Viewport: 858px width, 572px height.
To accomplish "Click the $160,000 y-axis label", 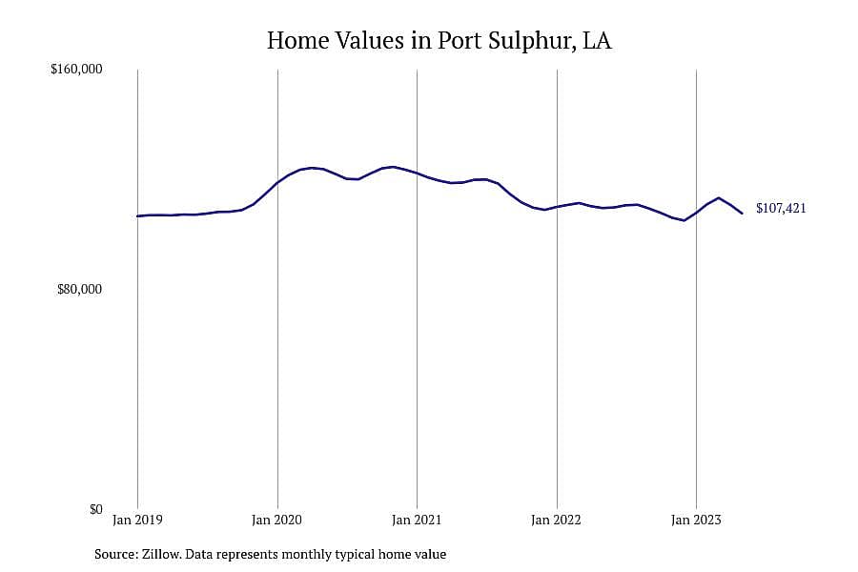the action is click(x=76, y=70).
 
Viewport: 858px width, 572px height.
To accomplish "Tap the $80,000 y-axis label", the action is click(x=79, y=289).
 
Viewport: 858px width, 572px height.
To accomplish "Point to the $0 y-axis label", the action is click(x=95, y=510).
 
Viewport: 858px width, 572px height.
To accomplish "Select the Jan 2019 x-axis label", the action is click(x=137, y=520).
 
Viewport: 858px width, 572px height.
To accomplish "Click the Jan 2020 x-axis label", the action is click(x=276, y=520).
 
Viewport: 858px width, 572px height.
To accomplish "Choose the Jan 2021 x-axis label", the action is click(x=417, y=520).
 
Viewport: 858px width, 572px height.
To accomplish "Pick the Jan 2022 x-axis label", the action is click(x=556, y=520).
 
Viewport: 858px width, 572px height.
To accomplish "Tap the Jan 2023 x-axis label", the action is click(x=696, y=520).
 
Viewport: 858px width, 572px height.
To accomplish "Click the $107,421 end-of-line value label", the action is click(x=781, y=208).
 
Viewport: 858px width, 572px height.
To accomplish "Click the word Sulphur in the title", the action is click(x=528, y=41).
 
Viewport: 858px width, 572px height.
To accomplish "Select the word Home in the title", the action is click(x=296, y=40).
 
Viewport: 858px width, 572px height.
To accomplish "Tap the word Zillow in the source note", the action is click(x=161, y=554).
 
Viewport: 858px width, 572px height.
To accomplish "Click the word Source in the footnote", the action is click(x=116, y=554).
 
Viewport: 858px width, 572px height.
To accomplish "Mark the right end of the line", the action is click(x=742, y=213).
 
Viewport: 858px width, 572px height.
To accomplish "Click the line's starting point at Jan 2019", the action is click(x=137, y=216).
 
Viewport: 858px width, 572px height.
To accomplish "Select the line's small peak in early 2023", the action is click(x=719, y=197).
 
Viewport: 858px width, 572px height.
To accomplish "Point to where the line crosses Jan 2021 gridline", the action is click(x=417, y=173).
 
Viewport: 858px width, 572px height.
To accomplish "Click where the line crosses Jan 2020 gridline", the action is click(x=277, y=182).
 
